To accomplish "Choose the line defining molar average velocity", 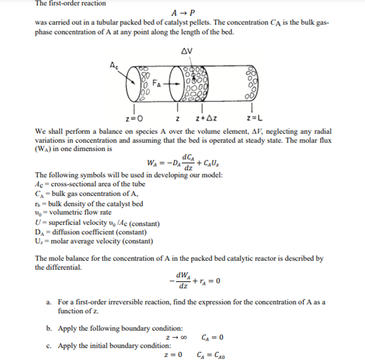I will click(x=94, y=241).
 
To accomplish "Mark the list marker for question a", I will click(x=48, y=302).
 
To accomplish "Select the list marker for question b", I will click(x=48, y=329).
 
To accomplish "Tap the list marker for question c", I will click(x=48, y=346).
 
